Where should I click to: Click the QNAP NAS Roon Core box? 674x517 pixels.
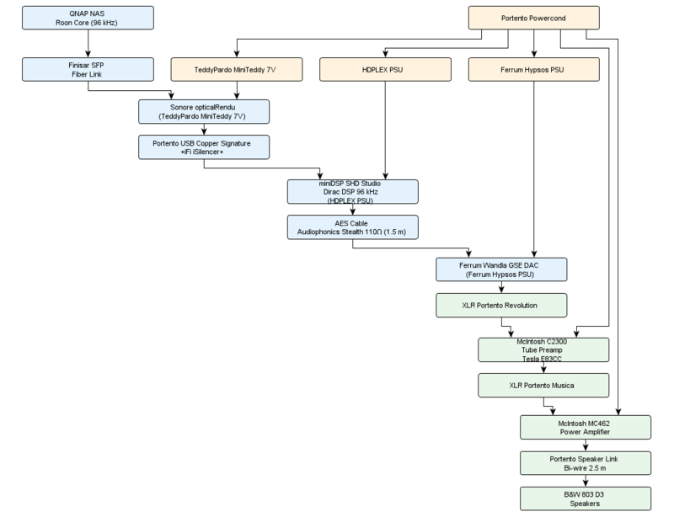click(x=88, y=18)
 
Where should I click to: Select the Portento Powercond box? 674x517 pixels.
click(x=534, y=18)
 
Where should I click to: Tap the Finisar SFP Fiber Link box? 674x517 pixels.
click(x=88, y=69)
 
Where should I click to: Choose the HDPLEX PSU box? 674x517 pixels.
click(x=385, y=69)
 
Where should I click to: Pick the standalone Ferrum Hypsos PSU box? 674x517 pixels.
click(x=534, y=69)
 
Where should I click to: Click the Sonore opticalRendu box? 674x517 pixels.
click(x=204, y=112)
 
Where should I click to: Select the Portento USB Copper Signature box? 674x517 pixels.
click(x=204, y=147)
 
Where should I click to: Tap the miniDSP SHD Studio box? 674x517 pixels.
click(x=352, y=191)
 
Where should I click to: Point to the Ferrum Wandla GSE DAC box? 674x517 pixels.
click(x=501, y=269)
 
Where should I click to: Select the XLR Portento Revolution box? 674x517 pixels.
click(x=501, y=305)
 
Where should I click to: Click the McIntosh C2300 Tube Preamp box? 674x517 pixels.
click(x=543, y=349)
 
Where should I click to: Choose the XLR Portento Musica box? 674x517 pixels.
click(x=543, y=385)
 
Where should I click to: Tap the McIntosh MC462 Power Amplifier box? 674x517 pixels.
click(x=586, y=427)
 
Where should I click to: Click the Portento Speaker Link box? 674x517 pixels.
click(x=586, y=462)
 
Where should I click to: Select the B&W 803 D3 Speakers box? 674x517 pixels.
click(x=586, y=498)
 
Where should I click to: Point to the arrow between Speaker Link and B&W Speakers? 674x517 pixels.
click(x=586, y=480)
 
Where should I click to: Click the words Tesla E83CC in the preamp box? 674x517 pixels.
click(x=543, y=358)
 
